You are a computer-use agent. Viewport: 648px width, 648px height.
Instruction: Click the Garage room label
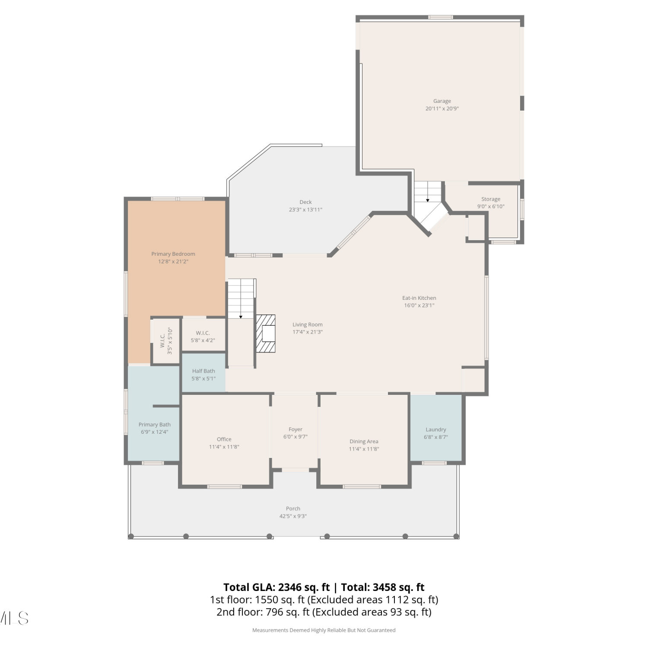[442, 101]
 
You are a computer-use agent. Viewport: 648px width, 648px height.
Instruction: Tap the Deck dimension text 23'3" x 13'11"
[305, 210]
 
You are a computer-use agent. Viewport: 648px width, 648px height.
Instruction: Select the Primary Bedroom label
[173, 254]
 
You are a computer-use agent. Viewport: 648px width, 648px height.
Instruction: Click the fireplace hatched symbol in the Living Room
[266, 333]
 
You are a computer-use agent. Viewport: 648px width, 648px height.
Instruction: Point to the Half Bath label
[203, 371]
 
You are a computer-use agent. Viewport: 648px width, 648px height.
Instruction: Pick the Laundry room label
[436, 429]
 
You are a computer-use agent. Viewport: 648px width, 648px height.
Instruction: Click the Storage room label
[491, 199]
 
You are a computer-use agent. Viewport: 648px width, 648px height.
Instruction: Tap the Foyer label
[295, 429]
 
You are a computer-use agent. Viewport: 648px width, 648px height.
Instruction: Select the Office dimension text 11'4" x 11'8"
[224, 447]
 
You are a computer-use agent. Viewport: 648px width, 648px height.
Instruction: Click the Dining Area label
[364, 442]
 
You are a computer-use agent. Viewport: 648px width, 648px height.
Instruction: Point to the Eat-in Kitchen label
[419, 298]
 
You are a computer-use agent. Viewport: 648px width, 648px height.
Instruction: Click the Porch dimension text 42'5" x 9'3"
[293, 516]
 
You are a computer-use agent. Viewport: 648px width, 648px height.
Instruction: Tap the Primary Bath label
[155, 425]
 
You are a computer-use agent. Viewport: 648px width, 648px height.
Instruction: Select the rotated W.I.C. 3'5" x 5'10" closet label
[166, 341]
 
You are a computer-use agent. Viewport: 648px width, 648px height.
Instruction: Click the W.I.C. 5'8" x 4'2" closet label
[203, 337]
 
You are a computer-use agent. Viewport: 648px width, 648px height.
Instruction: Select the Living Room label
[308, 325]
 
